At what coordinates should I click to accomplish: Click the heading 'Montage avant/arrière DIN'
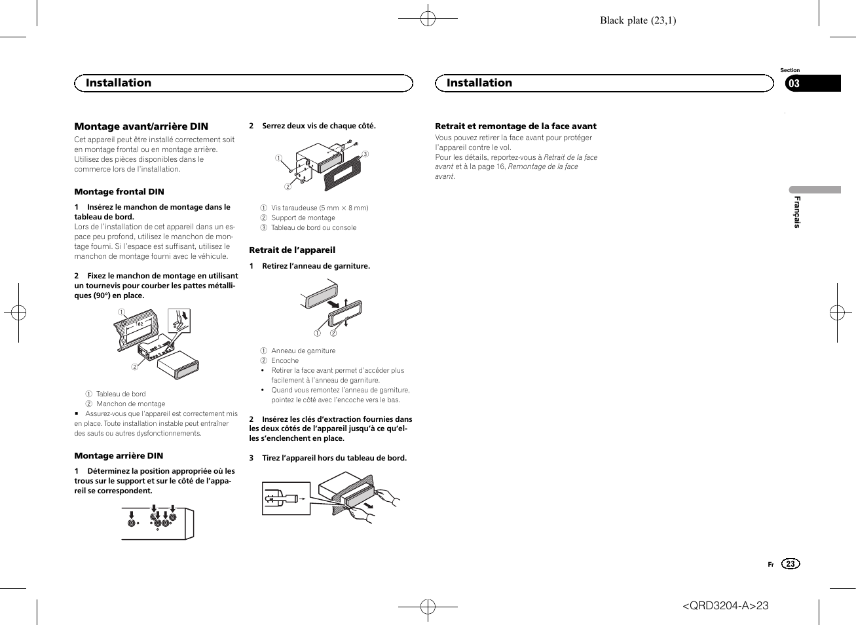pos(141,126)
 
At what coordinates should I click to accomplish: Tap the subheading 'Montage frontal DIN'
pos(119,192)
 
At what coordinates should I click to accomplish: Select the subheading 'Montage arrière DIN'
pos(119,456)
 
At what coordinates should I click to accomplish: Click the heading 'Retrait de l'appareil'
pos(292,250)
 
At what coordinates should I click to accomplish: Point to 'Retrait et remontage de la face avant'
pos(515,126)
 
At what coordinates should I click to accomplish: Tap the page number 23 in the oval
pos(791,564)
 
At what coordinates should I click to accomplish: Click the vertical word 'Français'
pos(797,212)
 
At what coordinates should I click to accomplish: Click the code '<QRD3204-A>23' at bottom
pos(726,605)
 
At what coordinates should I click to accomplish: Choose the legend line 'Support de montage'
pos(303,218)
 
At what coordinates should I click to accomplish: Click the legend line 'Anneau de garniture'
pos(303,351)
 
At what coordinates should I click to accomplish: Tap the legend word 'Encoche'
pos(285,361)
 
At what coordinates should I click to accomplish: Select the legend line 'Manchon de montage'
pos(130,404)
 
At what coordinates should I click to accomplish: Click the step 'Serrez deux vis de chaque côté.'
pos(318,126)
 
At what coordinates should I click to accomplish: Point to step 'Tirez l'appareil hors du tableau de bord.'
pos(334,459)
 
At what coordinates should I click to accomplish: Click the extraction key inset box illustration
pos(286,499)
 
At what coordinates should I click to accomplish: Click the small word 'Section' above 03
pos(790,70)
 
